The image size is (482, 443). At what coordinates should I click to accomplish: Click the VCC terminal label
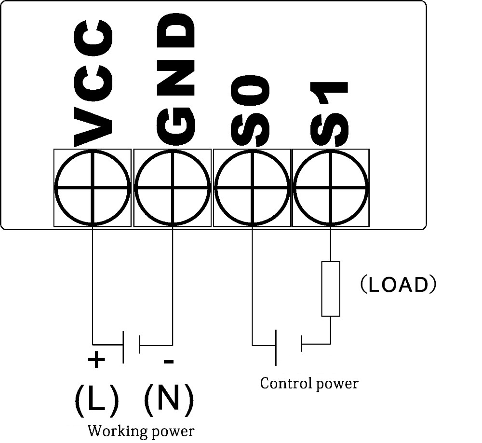(94, 83)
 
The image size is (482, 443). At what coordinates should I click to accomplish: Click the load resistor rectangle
(331, 289)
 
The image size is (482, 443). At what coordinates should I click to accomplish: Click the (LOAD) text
(398, 285)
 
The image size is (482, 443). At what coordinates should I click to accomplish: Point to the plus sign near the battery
(96, 359)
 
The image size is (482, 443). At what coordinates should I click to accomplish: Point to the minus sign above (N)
(168, 361)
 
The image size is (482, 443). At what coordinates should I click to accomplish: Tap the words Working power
(141, 430)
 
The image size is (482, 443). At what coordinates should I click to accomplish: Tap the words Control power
(309, 384)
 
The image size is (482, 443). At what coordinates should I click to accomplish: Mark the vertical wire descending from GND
(172, 285)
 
